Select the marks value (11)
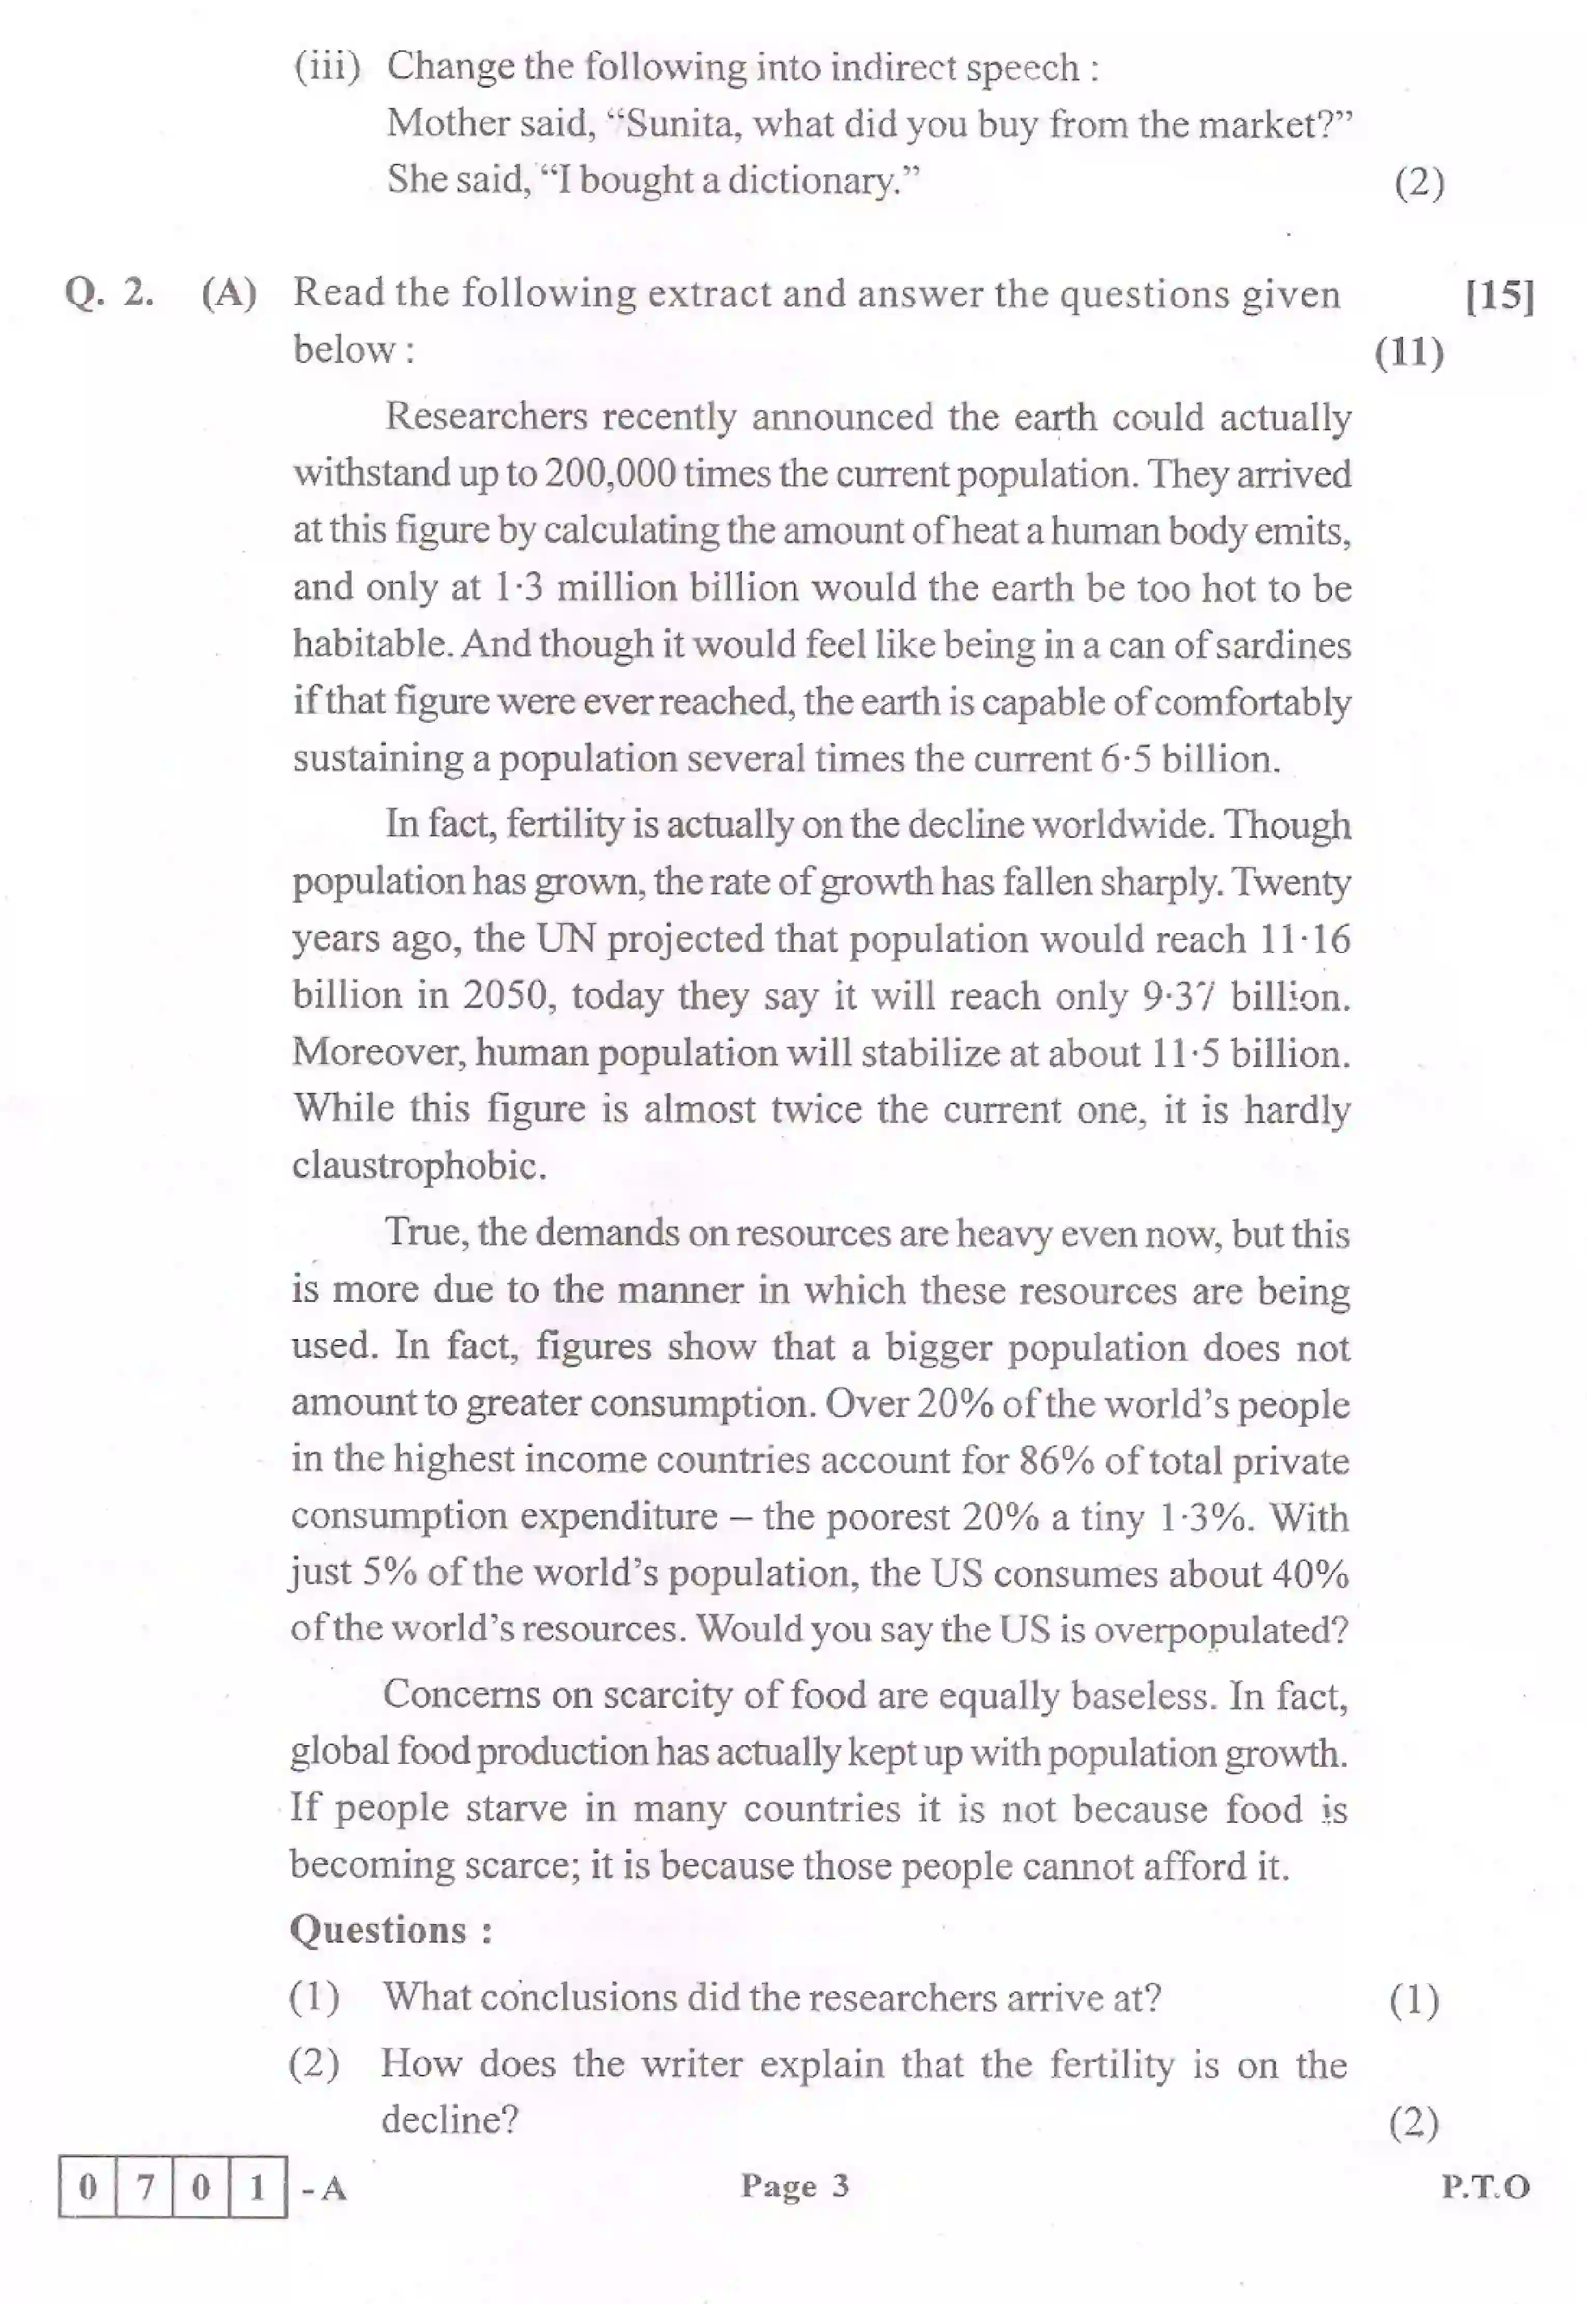tap(1409, 352)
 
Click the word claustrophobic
tap(418, 1165)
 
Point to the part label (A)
tap(229, 293)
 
